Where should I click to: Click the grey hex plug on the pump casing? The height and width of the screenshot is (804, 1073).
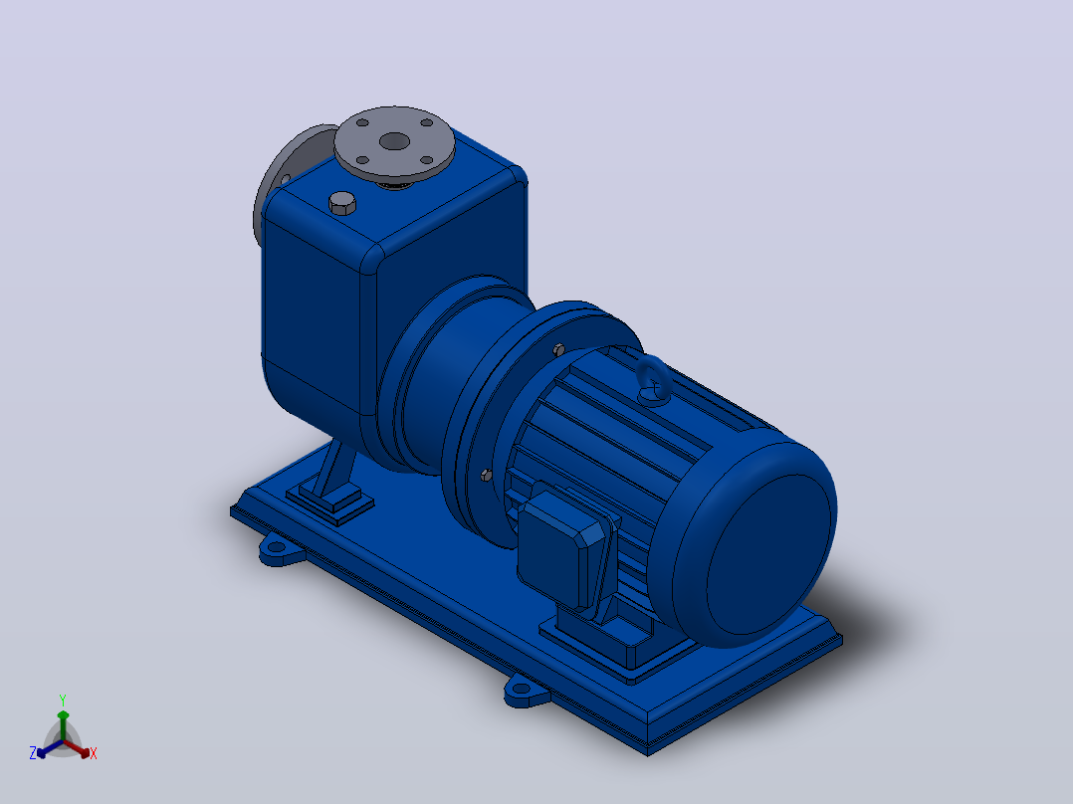342,203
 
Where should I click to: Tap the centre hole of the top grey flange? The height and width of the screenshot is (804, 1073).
394,141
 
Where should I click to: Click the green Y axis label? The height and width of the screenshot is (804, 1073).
63,700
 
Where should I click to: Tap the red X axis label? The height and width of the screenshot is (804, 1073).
94,753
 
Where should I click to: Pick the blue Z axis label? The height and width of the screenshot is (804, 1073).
33,753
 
